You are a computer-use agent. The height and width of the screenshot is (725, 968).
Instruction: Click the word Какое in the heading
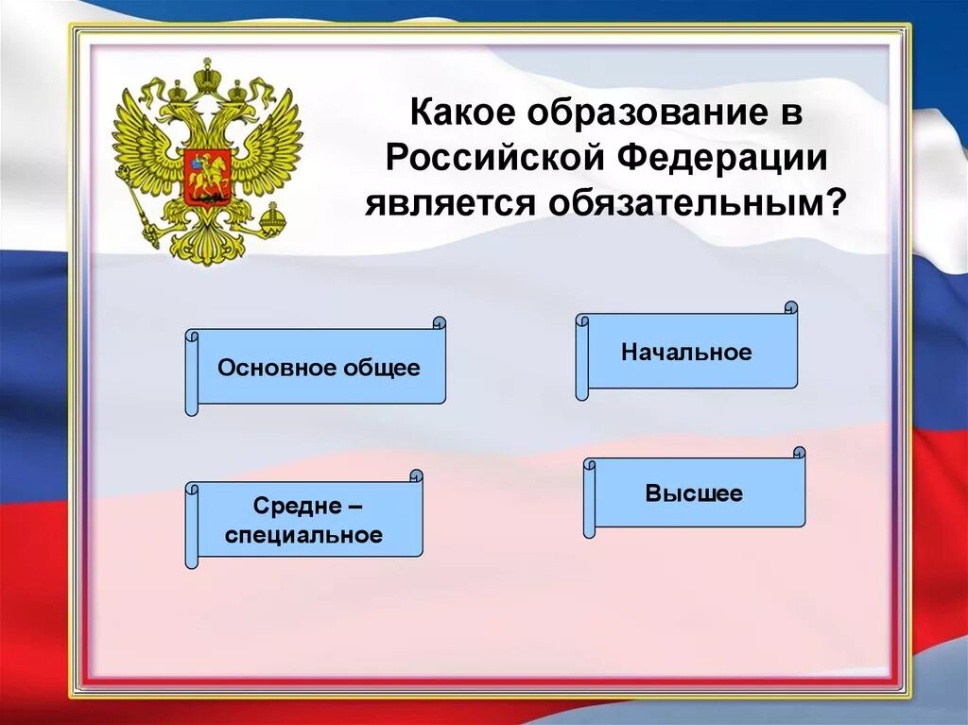[x=461, y=114]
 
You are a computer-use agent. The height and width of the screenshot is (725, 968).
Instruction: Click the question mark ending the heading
[x=834, y=200]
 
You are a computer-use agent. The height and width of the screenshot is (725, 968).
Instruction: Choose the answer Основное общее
[x=319, y=368]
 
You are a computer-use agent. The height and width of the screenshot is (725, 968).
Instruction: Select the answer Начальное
[x=687, y=353]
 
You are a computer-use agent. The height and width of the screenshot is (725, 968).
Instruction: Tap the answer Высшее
[x=695, y=493]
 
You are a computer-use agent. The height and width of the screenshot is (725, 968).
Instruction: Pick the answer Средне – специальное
[x=304, y=522]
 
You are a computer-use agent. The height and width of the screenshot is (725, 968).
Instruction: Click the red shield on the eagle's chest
[x=207, y=176]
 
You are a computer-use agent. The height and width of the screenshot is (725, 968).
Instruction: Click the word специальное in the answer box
[x=304, y=536]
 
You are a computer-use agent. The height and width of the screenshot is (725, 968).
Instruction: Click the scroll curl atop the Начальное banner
[x=791, y=307]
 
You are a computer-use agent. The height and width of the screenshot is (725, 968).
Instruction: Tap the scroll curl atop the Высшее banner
[x=800, y=453]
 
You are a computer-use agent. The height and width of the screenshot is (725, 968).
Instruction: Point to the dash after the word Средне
[x=354, y=508]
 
